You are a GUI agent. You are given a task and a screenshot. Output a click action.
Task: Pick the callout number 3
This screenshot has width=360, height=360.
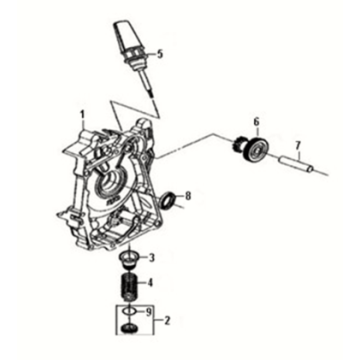(x=152, y=258)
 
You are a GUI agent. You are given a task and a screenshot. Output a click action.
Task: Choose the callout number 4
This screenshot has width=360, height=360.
(x=152, y=282)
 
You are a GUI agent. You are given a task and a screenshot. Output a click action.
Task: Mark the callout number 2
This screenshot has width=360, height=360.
(x=168, y=322)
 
